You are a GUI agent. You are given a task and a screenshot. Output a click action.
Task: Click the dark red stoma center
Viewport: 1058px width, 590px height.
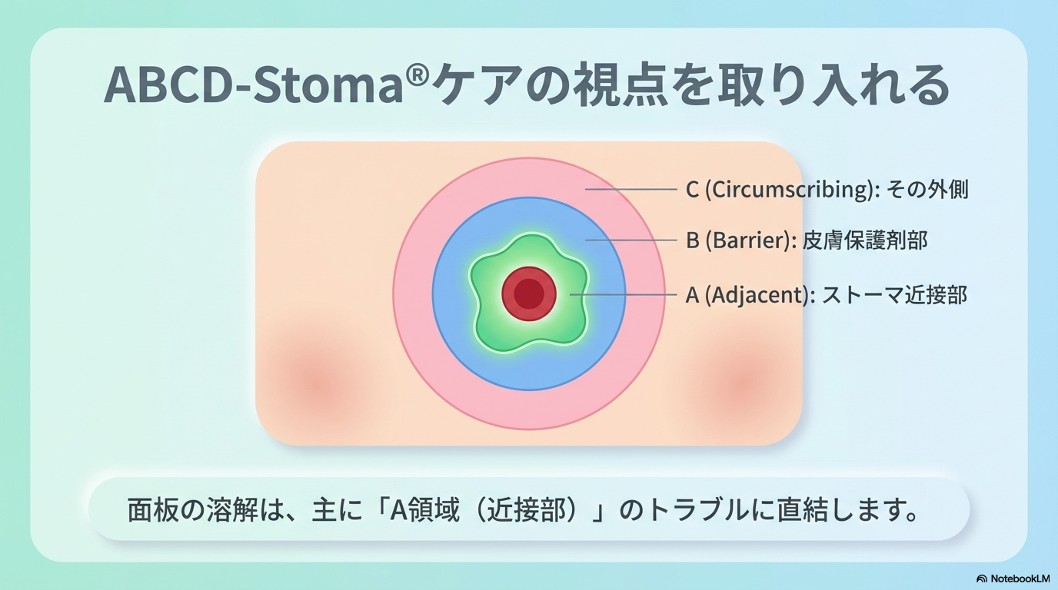pyautogui.click(x=529, y=293)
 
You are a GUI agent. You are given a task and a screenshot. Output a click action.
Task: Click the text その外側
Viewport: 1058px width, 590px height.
pyautogui.click(x=927, y=190)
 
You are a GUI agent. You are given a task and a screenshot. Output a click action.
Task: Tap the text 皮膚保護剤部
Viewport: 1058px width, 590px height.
pyautogui.click(x=865, y=240)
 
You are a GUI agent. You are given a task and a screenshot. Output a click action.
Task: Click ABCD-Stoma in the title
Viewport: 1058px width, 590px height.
pyautogui.click(x=254, y=85)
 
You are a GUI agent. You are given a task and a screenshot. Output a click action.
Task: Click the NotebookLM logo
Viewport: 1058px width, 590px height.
pyautogui.click(x=1013, y=578)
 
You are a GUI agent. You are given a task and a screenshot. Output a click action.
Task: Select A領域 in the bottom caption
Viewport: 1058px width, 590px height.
pyautogui.click(x=424, y=510)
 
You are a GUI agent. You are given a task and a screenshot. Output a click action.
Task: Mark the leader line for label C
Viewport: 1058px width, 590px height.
pyautogui.click(x=631, y=189)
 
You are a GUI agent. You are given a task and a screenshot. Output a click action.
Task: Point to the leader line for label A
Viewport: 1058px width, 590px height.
pyautogui.click(x=624, y=294)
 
